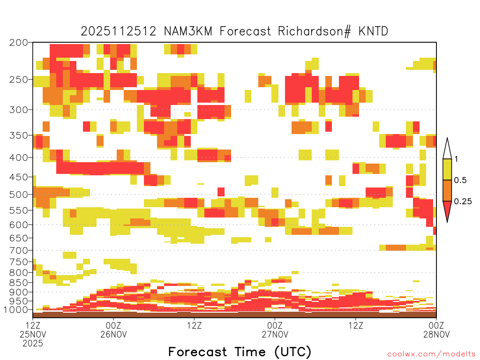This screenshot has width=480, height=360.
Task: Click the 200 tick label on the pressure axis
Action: (19, 43)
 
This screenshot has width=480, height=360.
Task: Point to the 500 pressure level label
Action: (19, 195)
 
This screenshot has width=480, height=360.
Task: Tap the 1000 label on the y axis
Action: (16, 310)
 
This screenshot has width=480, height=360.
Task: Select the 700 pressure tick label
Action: (19, 250)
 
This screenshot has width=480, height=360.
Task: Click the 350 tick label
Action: (19, 135)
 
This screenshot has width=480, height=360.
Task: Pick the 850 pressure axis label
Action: (19, 283)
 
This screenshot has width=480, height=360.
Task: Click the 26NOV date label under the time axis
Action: (113, 334)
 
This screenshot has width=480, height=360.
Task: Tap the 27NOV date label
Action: (275, 334)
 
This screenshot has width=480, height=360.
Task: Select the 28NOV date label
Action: (436, 334)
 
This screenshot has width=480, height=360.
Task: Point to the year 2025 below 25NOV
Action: (33, 344)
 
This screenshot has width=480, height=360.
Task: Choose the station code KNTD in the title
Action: (373, 31)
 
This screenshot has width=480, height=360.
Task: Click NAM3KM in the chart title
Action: (188, 31)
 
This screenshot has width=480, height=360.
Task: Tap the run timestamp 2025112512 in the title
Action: (119, 31)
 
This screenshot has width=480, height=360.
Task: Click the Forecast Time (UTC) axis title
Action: (240, 352)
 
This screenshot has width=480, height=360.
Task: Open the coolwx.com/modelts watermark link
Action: (432, 354)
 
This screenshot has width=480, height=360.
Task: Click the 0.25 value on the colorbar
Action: (463, 202)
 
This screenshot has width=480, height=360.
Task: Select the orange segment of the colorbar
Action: (447, 190)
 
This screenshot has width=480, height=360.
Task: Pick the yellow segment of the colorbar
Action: (447, 169)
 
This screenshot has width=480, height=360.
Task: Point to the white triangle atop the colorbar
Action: (447, 150)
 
